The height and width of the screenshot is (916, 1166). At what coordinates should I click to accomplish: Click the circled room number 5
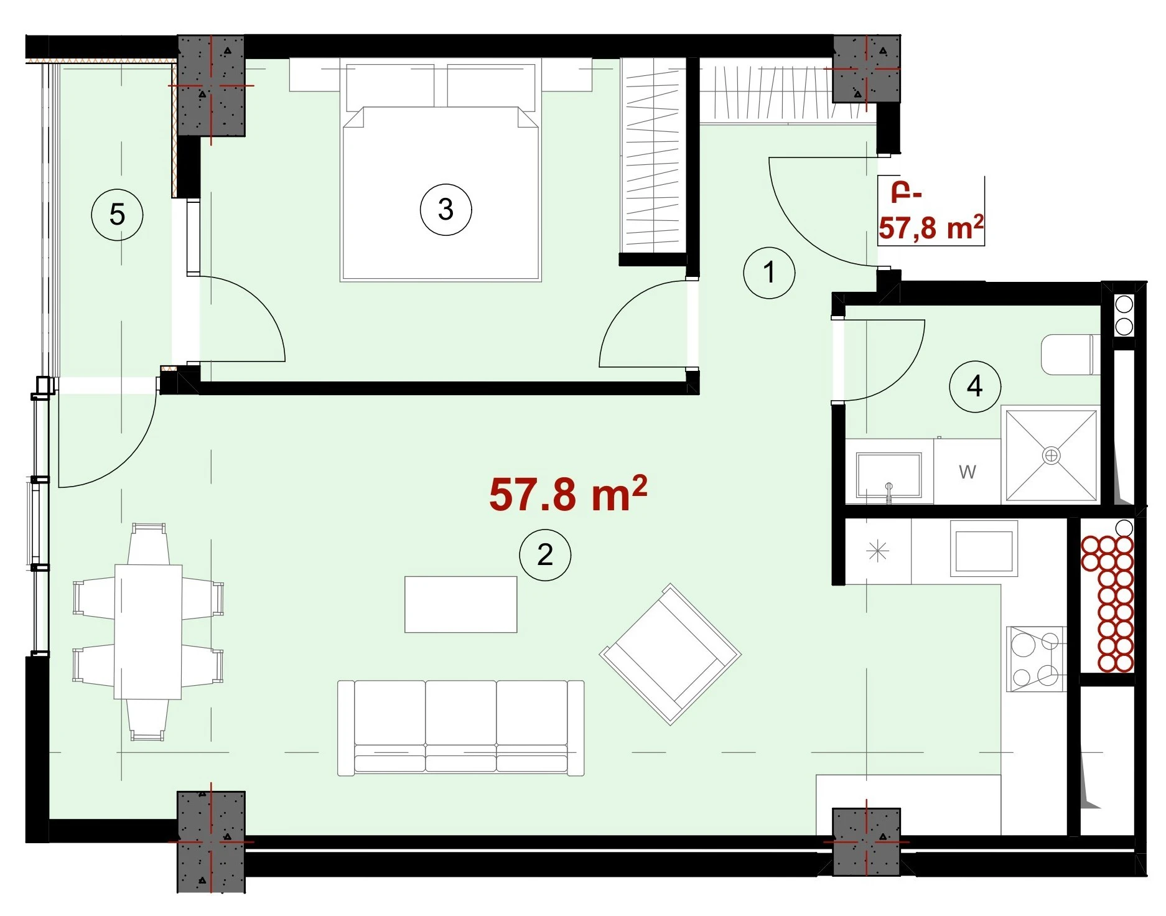click(x=117, y=215)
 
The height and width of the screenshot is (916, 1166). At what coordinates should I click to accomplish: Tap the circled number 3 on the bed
click(x=445, y=209)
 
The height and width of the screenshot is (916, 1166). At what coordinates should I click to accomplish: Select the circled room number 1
click(x=770, y=272)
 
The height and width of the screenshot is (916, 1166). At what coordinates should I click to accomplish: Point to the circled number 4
click(x=974, y=386)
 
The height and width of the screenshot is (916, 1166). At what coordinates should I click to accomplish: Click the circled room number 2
click(x=545, y=554)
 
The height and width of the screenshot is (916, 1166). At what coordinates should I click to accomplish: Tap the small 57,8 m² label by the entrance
click(x=931, y=228)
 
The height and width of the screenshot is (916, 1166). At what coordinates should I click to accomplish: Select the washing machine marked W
click(x=968, y=472)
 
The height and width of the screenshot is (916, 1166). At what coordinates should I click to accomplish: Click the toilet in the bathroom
click(x=1070, y=355)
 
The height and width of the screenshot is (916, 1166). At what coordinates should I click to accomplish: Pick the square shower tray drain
click(x=1051, y=456)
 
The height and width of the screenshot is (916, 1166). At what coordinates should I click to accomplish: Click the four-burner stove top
click(x=1036, y=658)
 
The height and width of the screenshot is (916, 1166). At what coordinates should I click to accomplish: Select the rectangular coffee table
click(x=460, y=604)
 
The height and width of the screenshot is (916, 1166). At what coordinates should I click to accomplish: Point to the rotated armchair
click(x=670, y=654)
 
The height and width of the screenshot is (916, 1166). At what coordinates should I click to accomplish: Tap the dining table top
click(x=148, y=632)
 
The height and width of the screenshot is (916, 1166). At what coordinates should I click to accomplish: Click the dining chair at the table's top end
click(x=148, y=543)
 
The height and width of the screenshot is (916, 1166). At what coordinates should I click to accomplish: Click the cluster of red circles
click(x=1108, y=604)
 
